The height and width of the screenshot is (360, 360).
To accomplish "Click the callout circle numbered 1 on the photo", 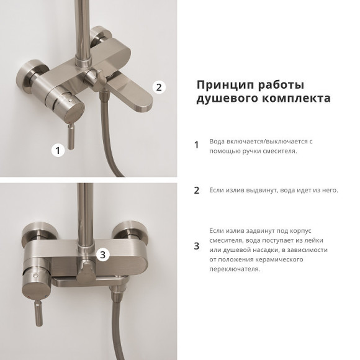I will [x=58, y=150].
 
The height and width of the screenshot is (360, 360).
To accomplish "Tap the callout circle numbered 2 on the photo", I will [x=158, y=88].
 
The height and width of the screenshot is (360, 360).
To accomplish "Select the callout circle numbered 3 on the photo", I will [x=104, y=253].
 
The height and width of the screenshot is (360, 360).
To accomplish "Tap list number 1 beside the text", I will [x=197, y=145].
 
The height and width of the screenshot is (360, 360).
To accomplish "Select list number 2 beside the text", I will [x=197, y=191].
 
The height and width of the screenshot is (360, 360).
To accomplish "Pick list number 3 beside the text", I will [x=197, y=246].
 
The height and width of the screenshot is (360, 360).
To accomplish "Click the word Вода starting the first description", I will [x=218, y=141].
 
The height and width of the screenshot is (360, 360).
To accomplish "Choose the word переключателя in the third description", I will [x=235, y=269].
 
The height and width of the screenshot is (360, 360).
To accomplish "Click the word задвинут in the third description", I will [x=253, y=230].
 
